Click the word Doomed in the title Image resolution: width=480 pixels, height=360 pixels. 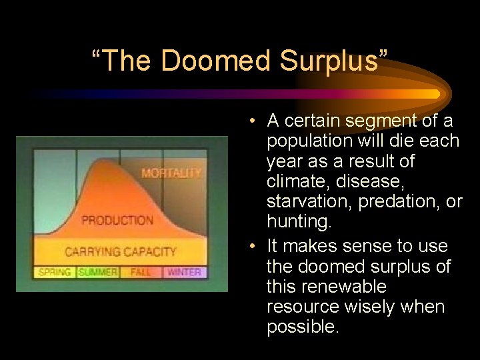(x=216, y=61)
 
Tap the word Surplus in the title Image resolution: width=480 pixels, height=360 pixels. (x=331, y=61)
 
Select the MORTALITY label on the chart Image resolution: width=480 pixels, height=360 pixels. (x=171, y=173)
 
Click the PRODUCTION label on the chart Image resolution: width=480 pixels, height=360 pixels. (x=117, y=220)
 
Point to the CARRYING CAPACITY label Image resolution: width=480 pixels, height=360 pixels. (x=120, y=251)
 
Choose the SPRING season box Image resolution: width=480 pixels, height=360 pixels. (x=55, y=272)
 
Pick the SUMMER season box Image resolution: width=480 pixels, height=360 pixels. (x=97, y=272)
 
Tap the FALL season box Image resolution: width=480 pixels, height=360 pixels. (x=141, y=272)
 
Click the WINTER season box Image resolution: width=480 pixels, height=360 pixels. (x=184, y=272)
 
